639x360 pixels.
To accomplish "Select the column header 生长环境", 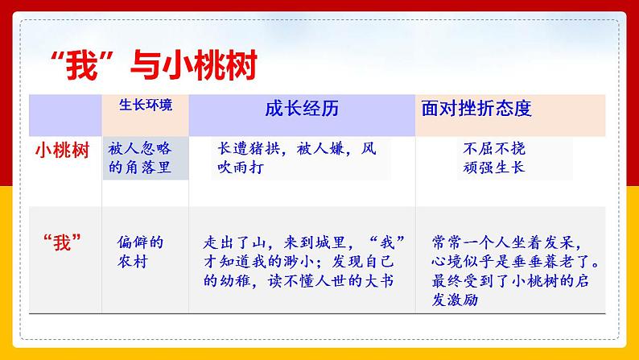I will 145,105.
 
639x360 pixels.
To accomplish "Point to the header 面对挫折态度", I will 476,108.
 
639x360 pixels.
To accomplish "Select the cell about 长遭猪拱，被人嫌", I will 296,158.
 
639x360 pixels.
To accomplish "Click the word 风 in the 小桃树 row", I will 368,149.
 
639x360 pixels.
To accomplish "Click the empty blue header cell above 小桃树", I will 65,114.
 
